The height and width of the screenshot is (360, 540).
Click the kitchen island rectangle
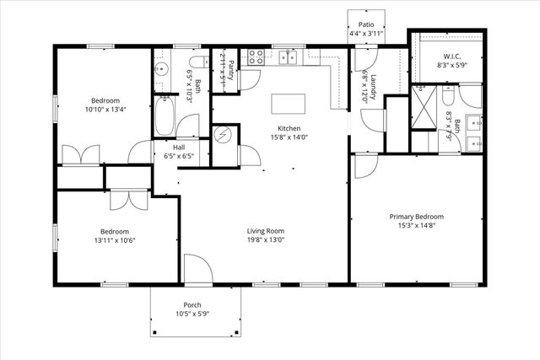pos(287,104)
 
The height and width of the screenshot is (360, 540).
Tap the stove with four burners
pos(256,57)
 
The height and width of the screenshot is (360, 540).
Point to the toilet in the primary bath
pos(447,95)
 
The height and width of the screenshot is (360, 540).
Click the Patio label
pos(365,25)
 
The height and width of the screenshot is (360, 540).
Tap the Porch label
pos(192,304)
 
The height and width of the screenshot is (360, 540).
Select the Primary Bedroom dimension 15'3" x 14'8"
pos(416,227)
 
